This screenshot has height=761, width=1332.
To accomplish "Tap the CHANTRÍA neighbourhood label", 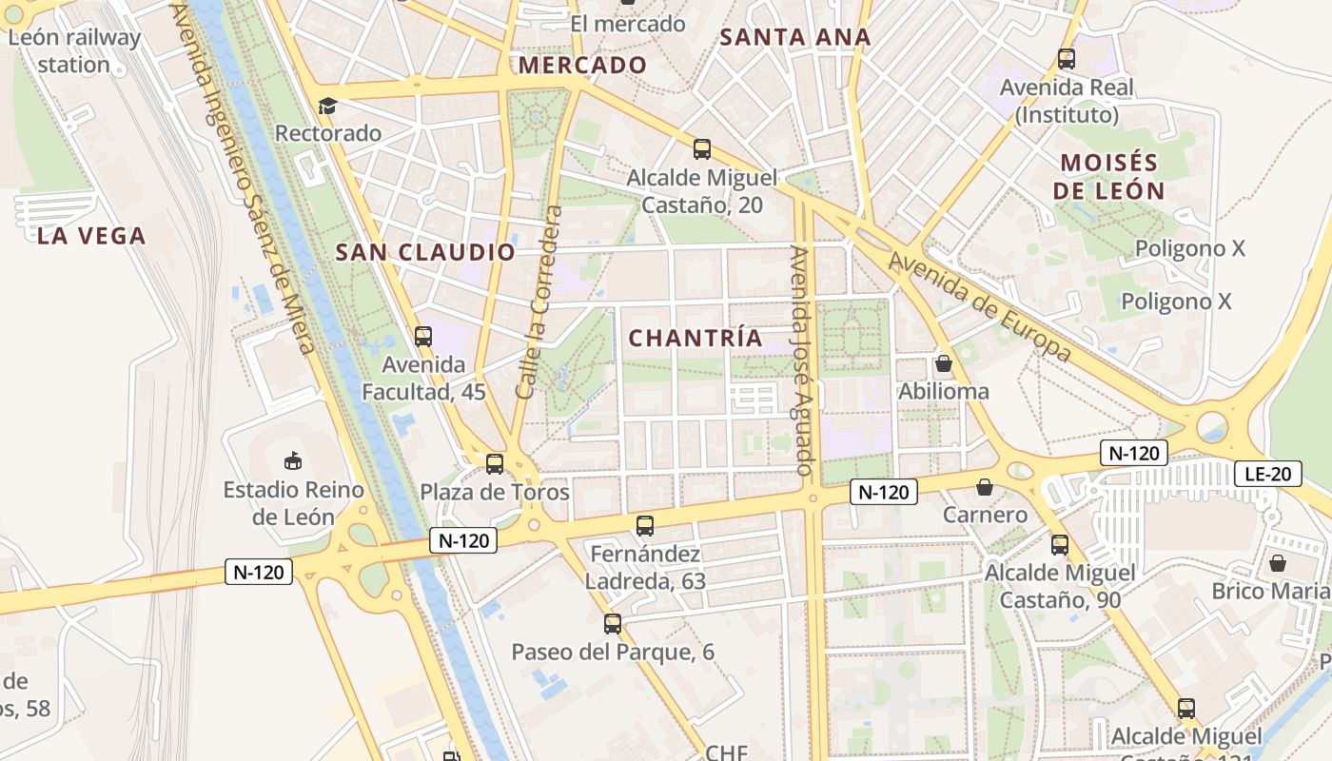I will [695, 338].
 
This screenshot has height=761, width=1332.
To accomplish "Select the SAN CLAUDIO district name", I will [425, 252].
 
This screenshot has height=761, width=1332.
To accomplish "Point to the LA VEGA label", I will [91, 236].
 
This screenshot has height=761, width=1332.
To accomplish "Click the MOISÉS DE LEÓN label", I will [1108, 176].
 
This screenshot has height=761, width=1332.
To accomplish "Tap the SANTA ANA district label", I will [794, 37].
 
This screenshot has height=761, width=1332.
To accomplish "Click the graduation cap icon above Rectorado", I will [327, 106].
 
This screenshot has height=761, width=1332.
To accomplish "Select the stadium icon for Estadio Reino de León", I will [293, 461].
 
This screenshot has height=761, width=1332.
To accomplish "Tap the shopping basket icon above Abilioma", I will [944, 363].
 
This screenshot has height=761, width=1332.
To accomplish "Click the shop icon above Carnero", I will [985, 487].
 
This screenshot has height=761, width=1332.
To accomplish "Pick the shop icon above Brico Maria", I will [1278, 563].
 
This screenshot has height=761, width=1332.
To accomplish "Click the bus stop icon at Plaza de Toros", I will [495, 464].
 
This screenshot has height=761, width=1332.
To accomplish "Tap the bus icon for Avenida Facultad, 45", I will [423, 336].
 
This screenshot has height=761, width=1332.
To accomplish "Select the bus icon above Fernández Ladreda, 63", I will [645, 525].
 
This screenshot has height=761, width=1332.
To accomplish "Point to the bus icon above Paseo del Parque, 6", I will [613, 624].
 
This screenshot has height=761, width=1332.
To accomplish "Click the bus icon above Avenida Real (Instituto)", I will [1067, 59].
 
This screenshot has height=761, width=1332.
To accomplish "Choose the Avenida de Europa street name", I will [980, 306].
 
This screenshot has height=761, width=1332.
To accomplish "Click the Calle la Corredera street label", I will [539, 302].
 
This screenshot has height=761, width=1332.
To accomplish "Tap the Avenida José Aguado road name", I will [801, 361].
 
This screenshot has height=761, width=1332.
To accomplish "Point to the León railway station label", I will [73, 51].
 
